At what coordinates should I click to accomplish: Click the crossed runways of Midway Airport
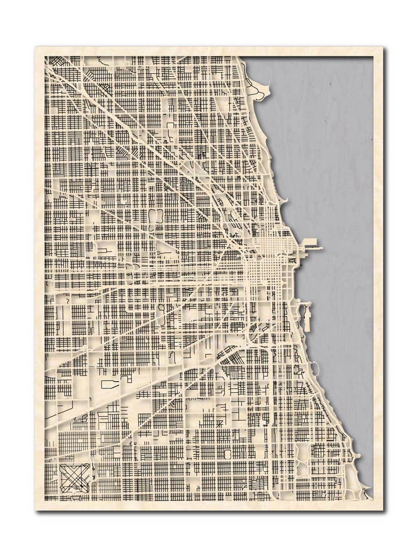click(x=75, y=478)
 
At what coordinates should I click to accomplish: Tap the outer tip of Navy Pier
click(x=320, y=248)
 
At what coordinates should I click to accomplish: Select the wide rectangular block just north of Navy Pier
click(x=308, y=241)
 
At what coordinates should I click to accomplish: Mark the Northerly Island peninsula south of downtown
click(x=307, y=317)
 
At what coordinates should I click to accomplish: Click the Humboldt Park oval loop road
click(x=155, y=216)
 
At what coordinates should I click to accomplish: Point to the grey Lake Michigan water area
click(x=337, y=174)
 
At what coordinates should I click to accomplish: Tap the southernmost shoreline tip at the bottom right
click(x=367, y=496)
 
